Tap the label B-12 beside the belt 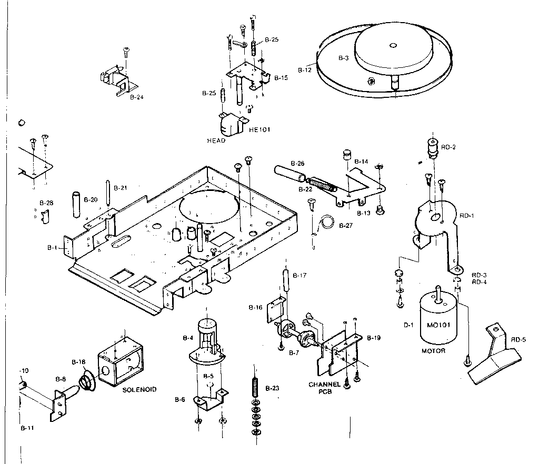[x=305, y=69]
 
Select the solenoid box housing [x=120, y=362]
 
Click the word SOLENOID [x=139, y=390]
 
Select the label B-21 [x=121, y=188]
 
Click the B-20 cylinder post [x=76, y=206]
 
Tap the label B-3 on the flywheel [x=343, y=58]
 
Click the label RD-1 [x=466, y=215]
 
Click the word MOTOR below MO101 [x=433, y=350]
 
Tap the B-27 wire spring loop [x=329, y=221]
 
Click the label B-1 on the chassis [x=52, y=247]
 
